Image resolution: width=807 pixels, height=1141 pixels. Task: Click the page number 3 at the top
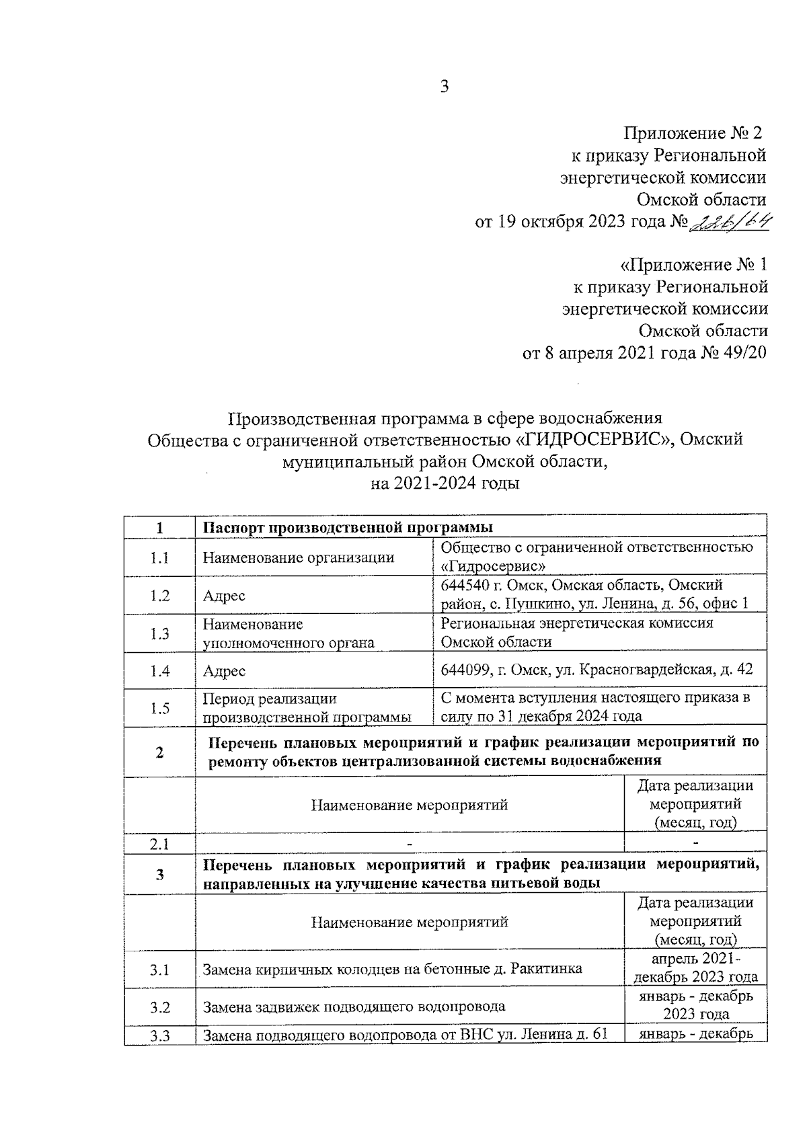[x=444, y=87]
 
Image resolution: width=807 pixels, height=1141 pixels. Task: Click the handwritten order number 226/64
[x=729, y=221]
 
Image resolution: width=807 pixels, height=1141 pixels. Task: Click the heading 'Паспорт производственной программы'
[x=348, y=527]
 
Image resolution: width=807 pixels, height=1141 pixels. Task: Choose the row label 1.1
[x=159, y=557]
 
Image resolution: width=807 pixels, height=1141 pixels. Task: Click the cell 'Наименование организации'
[x=299, y=557]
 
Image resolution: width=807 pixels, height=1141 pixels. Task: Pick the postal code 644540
[x=465, y=585]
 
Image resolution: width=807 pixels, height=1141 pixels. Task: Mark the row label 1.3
[x=159, y=633]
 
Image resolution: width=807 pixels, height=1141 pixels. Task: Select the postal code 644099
[x=465, y=670]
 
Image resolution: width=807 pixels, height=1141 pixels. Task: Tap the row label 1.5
[x=159, y=707]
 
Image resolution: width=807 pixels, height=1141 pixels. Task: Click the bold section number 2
[x=159, y=752]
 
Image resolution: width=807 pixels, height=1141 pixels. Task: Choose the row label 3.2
[x=159, y=1007]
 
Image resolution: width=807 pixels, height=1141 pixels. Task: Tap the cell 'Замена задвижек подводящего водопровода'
[x=354, y=1007]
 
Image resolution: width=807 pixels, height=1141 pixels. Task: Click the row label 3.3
[x=159, y=1035]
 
